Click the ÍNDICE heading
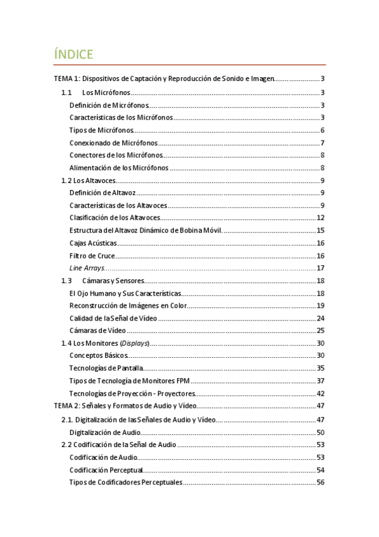tap(75, 54)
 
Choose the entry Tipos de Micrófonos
tap(101, 130)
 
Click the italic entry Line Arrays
tap(87, 268)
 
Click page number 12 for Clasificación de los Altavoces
tap(320, 218)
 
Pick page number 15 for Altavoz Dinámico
tap(320, 231)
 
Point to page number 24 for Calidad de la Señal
tap(320, 318)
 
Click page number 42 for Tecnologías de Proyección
tap(320, 393)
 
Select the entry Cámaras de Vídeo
tap(97, 331)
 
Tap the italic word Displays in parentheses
tap(134, 343)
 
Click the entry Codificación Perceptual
tap(106, 470)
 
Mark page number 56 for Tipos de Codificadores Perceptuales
tap(320, 483)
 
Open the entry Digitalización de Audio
tap(105, 432)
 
